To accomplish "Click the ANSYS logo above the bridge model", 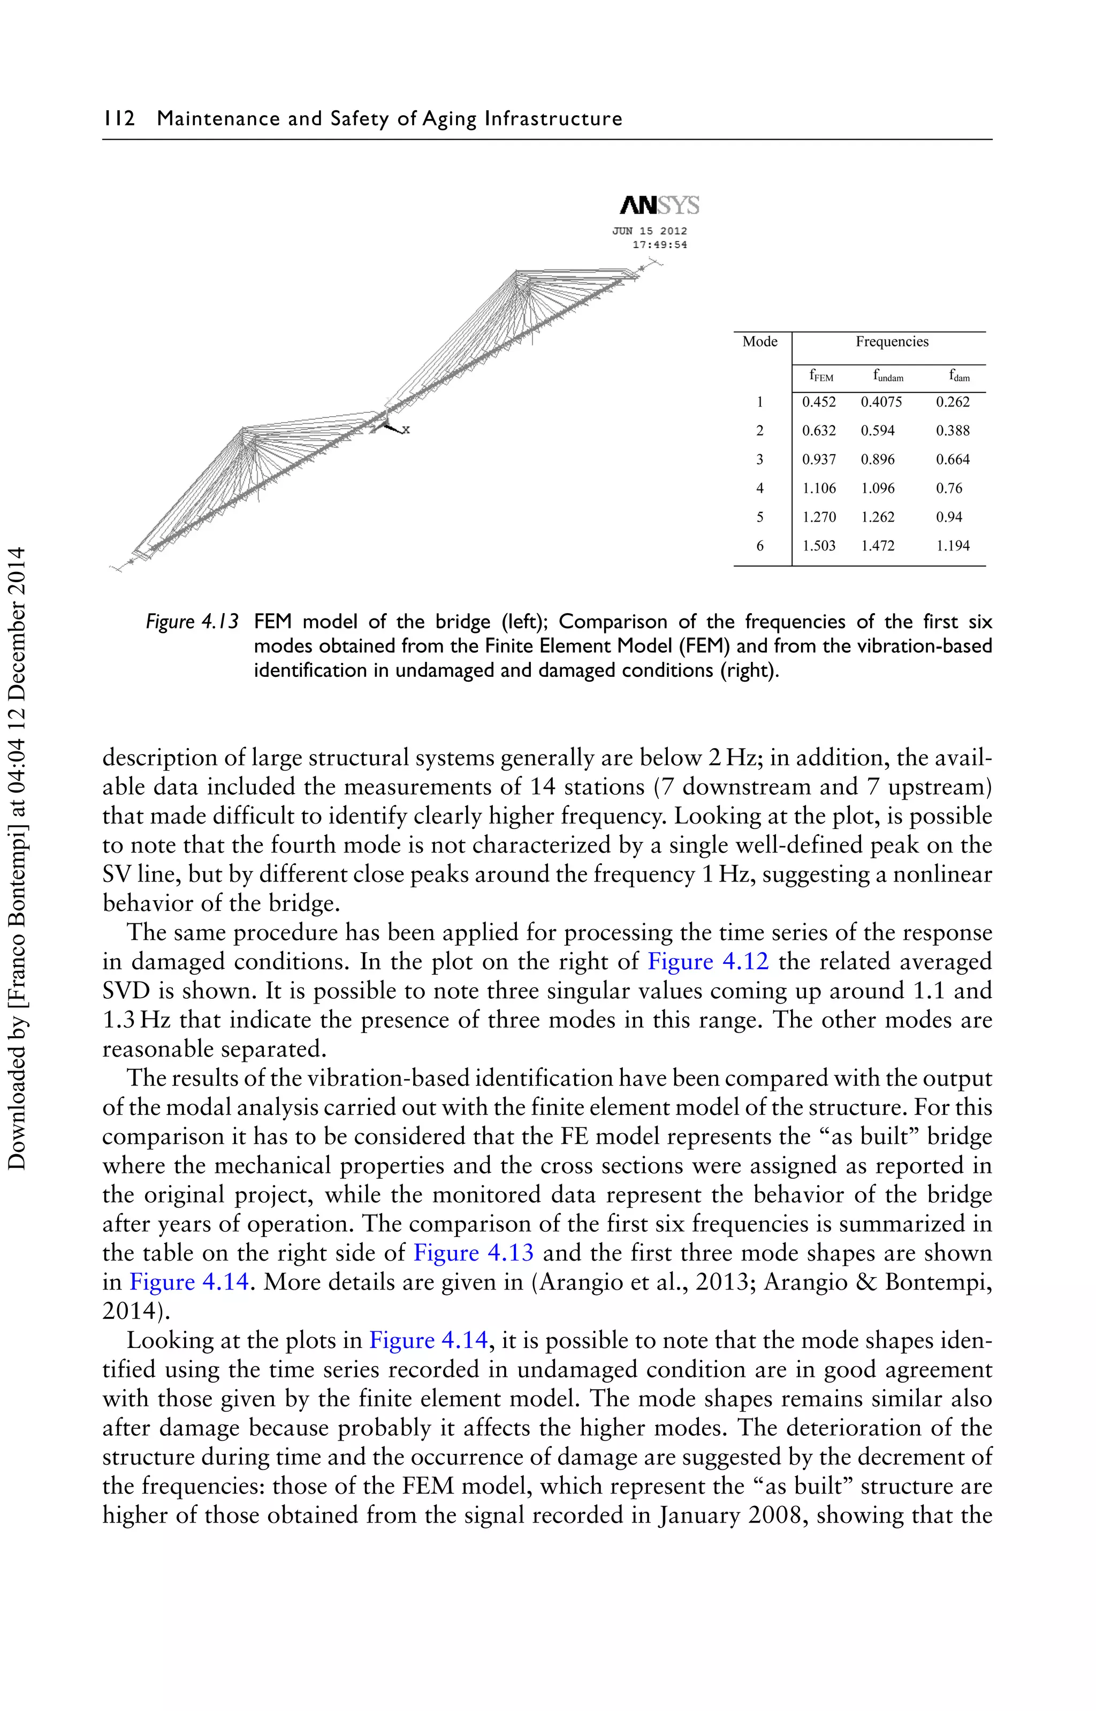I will (x=659, y=206).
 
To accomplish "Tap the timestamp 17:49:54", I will (x=660, y=245).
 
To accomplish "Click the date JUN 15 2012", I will (x=650, y=231).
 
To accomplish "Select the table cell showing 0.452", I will (x=818, y=402).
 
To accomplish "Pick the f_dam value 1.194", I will (x=952, y=546).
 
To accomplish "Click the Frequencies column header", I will (x=892, y=342).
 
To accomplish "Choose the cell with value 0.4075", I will (x=881, y=402).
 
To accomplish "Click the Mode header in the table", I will (x=759, y=342).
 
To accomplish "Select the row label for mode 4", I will (x=759, y=488).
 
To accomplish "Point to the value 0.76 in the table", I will (x=949, y=488).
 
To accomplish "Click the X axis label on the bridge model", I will (x=406, y=429).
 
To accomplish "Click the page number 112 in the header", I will (x=119, y=118).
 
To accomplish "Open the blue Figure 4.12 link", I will (x=707, y=962).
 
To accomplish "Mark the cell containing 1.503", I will (x=818, y=546).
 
